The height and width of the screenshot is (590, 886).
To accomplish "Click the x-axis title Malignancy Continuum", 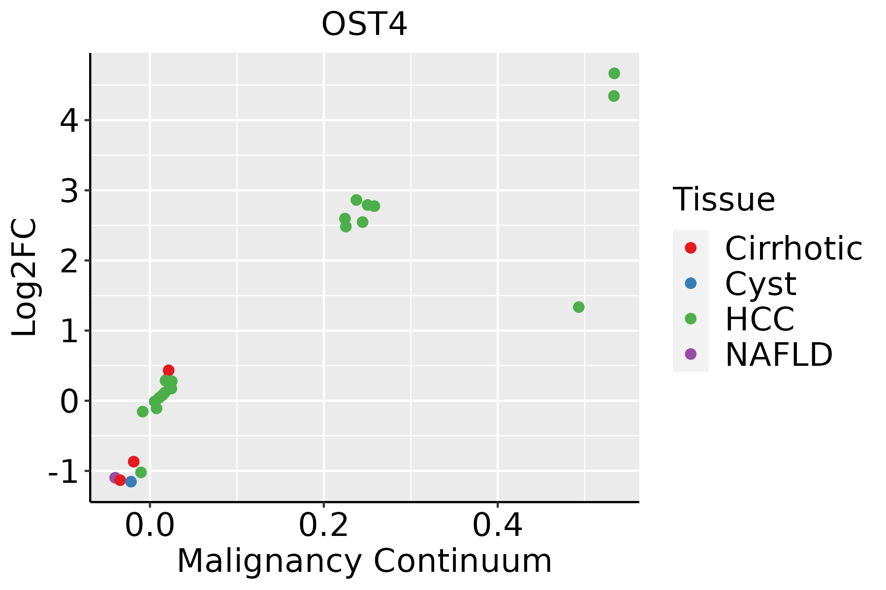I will point(364,560).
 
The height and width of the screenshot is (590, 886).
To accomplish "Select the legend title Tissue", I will point(724,200).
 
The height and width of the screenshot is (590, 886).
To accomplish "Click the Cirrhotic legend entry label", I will point(793,248).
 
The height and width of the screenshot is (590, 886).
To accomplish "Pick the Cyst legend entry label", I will point(760,284).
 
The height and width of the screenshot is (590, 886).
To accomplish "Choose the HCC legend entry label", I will point(759,319).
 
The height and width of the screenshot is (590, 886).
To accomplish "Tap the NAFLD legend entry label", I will point(779,354).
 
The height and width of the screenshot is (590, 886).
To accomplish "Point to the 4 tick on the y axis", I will point(69,120).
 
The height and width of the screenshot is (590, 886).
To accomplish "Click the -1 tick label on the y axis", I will point(63,472).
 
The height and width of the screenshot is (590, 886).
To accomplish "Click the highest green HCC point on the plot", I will point(614,74).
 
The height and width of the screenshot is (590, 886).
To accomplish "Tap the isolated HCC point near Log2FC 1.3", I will point(578,307).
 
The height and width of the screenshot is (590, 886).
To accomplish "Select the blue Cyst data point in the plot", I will point(130,481).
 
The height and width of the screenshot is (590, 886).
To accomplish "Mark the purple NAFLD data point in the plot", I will point(115,478).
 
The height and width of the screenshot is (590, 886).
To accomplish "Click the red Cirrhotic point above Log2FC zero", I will point(168,370).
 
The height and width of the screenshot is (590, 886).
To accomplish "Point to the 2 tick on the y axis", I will point(69,261).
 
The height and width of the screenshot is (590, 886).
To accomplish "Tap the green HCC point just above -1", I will point(141,472).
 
